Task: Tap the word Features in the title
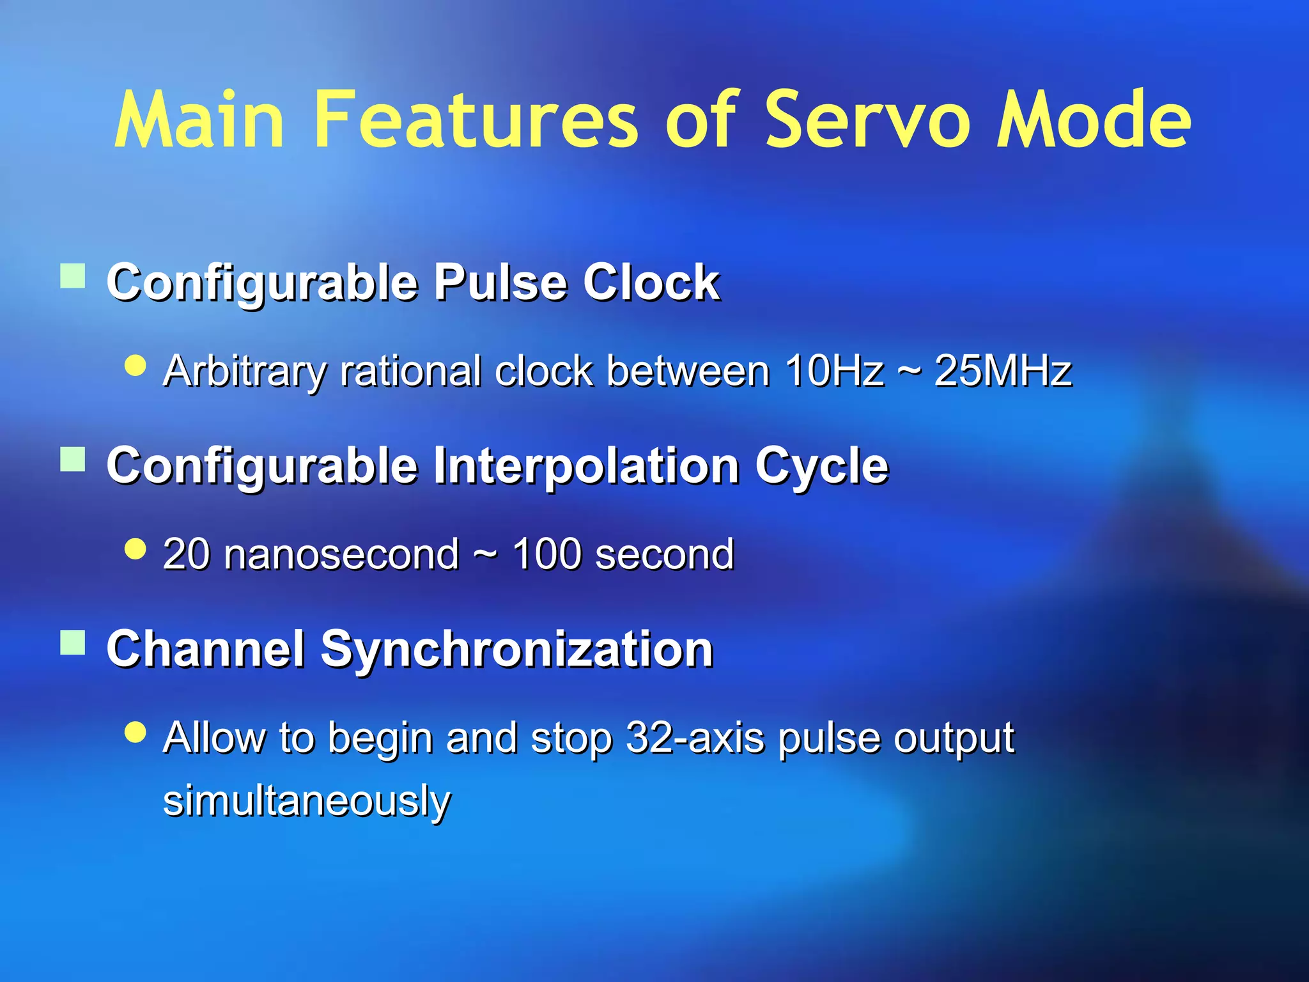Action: click(x=476, y=120)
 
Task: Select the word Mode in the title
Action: click(x=1094, y=120)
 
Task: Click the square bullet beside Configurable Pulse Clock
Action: click(x=73, y=277)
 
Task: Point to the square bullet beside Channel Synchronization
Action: click(x=73, y=643)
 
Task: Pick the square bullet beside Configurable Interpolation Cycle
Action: click(x=73, y=459)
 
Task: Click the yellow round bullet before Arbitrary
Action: click(x=136, y=366)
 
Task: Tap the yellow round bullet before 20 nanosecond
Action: click(x=136, y=549)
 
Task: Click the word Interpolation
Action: click(x=586, y=466)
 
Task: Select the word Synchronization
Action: click(x=516, y=650)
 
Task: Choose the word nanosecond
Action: click(x=341, y=554)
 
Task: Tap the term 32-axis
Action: click(x=695, y=738)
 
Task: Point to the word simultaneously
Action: click(x=307, y=800)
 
